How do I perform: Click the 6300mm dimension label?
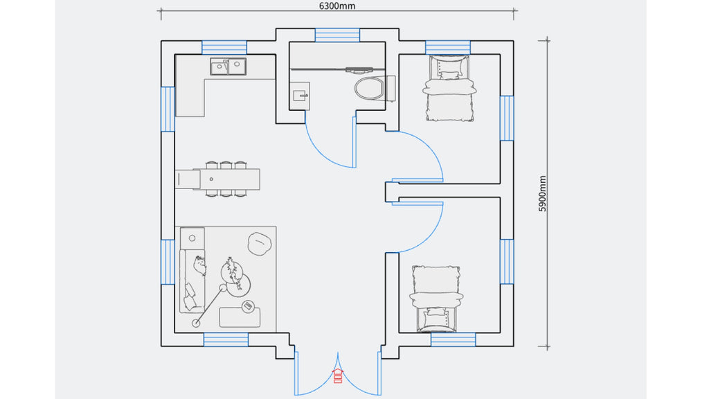[337, 6]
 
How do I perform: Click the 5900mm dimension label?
[543, 193]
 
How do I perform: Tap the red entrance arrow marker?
[338, 375]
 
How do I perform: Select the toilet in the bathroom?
[375, 88]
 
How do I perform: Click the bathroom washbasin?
[300, 96]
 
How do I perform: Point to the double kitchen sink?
[228, 66]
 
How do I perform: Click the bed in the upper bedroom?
[449, 88]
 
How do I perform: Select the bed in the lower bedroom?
[436, 299]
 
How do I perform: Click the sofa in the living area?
[192, 281]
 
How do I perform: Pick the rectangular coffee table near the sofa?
[240, 317]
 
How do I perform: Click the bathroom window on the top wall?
[337, 35]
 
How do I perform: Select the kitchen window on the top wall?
[224, 48]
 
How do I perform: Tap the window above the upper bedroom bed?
[448, 48]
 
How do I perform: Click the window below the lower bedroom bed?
[453, 339]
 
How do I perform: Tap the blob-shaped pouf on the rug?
[260, 243]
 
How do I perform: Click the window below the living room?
[226, 339]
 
